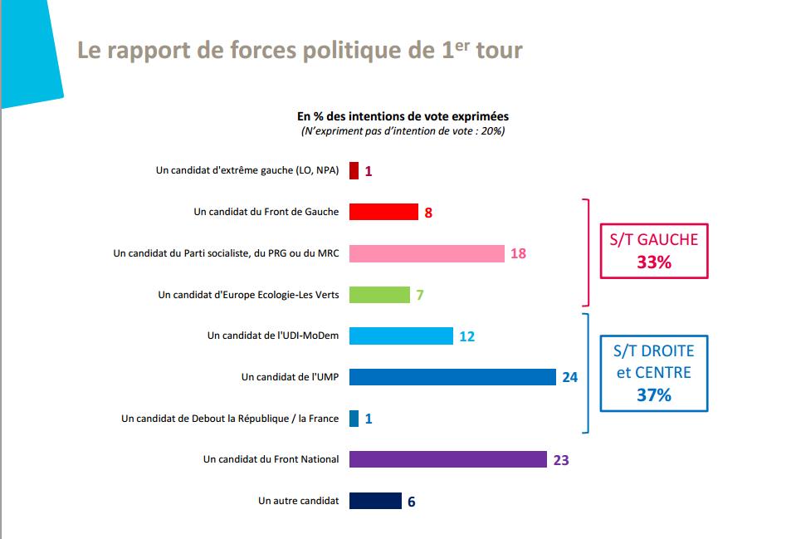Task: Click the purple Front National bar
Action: pos(447,459)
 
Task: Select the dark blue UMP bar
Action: pos(452,377)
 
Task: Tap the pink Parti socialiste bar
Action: pos(427,253)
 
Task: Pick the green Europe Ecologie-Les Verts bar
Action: pos(379,295)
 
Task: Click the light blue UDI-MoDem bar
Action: pos(401,336)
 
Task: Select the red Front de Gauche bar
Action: pos(383,212)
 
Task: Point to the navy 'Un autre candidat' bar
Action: pos(375,501)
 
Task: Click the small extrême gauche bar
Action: pos(354,171)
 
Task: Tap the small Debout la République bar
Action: pos(354,419)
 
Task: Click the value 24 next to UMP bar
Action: pos(569,377)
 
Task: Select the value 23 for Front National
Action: pos(560,459)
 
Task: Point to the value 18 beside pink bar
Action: pos(518,253)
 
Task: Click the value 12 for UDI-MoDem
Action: pos(466,336)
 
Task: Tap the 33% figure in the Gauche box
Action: pos(654,262)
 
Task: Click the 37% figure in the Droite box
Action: pos(654,395)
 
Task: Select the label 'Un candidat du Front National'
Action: pos(271,459)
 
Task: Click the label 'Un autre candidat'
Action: pos(299,501)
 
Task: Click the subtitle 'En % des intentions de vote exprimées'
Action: pos(403,116)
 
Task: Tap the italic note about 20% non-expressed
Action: pos(403,131)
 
